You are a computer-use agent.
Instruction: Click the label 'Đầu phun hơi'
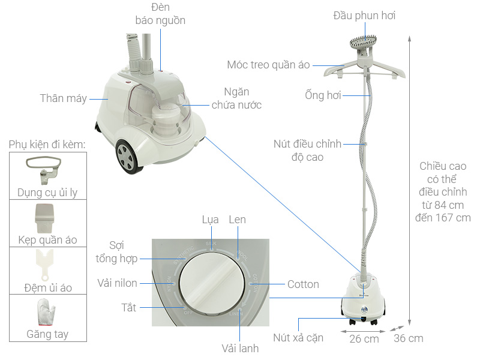pos(364,16)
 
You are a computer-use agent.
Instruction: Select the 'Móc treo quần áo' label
pos(268,64)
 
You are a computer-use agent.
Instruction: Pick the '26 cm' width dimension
pos(364,338)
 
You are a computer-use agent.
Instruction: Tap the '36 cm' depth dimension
pos(408,338)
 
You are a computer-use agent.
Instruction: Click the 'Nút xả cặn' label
pos(298,338)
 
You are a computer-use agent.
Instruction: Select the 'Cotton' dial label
pos(303,284)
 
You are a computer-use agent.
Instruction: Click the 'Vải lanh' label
pos(239,348)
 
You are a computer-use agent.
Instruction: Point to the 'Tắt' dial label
pos(128,308)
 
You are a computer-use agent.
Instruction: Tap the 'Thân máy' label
pos(64,98)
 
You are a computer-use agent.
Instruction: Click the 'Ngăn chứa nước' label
pos(236,98)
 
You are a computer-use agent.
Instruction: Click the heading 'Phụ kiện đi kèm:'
pos(47,145)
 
